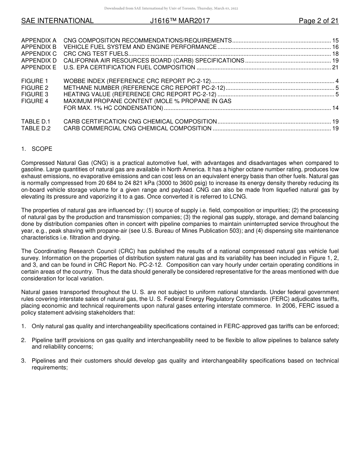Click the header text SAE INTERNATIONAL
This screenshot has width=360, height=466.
tap(57, 21)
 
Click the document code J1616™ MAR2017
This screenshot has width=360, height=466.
tap(180, 21)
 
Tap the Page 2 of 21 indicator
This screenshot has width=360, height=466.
tap(318, 21)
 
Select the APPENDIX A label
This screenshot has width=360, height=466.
tap(39, 40)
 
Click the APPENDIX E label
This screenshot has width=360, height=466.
tap(39, 67)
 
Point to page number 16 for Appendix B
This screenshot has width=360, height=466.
tap(335, 47)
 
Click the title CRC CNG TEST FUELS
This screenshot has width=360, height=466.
tap(96, 54)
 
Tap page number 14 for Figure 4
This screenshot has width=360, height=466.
tap(335, 108)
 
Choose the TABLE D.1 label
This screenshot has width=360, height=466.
tap(36, 122)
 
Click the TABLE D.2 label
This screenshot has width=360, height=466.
tap(36, 128)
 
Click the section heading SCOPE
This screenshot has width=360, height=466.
tap(42, 149)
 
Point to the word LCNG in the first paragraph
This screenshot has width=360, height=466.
tap(238, 197)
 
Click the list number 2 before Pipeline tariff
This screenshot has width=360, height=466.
tap(23, 340)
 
